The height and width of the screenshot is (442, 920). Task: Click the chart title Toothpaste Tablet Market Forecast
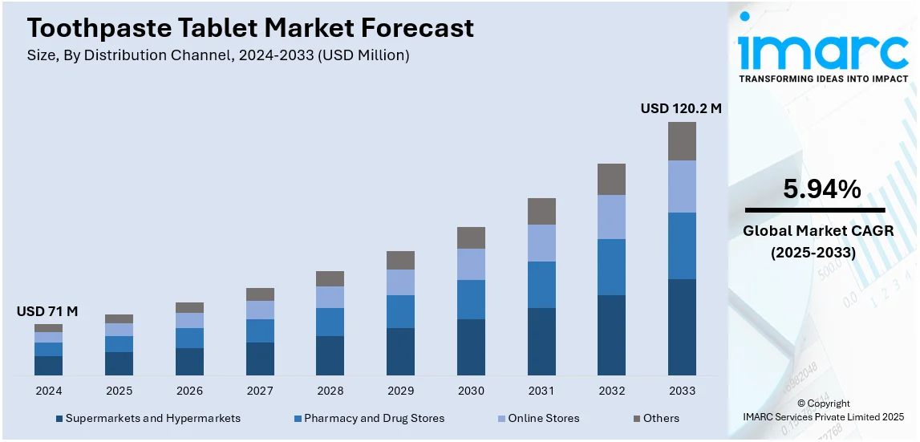point(250,28)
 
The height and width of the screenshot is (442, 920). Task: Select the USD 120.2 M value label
point(680,108)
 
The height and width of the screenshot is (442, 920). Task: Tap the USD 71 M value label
point(47,311)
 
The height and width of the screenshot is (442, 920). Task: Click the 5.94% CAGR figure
point(821,189)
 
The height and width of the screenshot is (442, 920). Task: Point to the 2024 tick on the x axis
point(48,391)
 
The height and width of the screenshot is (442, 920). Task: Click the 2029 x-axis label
point(400,391)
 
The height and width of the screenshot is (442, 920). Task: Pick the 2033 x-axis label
point(682,391)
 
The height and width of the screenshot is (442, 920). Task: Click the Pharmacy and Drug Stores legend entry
point(374,418)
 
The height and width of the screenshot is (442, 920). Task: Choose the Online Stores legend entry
point(543,418)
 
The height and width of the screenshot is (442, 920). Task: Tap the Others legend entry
point(660,418)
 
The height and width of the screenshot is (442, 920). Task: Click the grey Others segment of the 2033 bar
point(682,141)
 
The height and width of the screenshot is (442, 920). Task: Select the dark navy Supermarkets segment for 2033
point(682,326)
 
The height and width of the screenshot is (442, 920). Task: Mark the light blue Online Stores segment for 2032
point(611,217)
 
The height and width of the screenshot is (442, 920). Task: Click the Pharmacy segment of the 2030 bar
point(471,299)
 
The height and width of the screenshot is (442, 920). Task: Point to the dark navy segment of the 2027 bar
point(260,359)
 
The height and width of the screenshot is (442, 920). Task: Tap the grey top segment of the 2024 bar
point(48,328)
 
